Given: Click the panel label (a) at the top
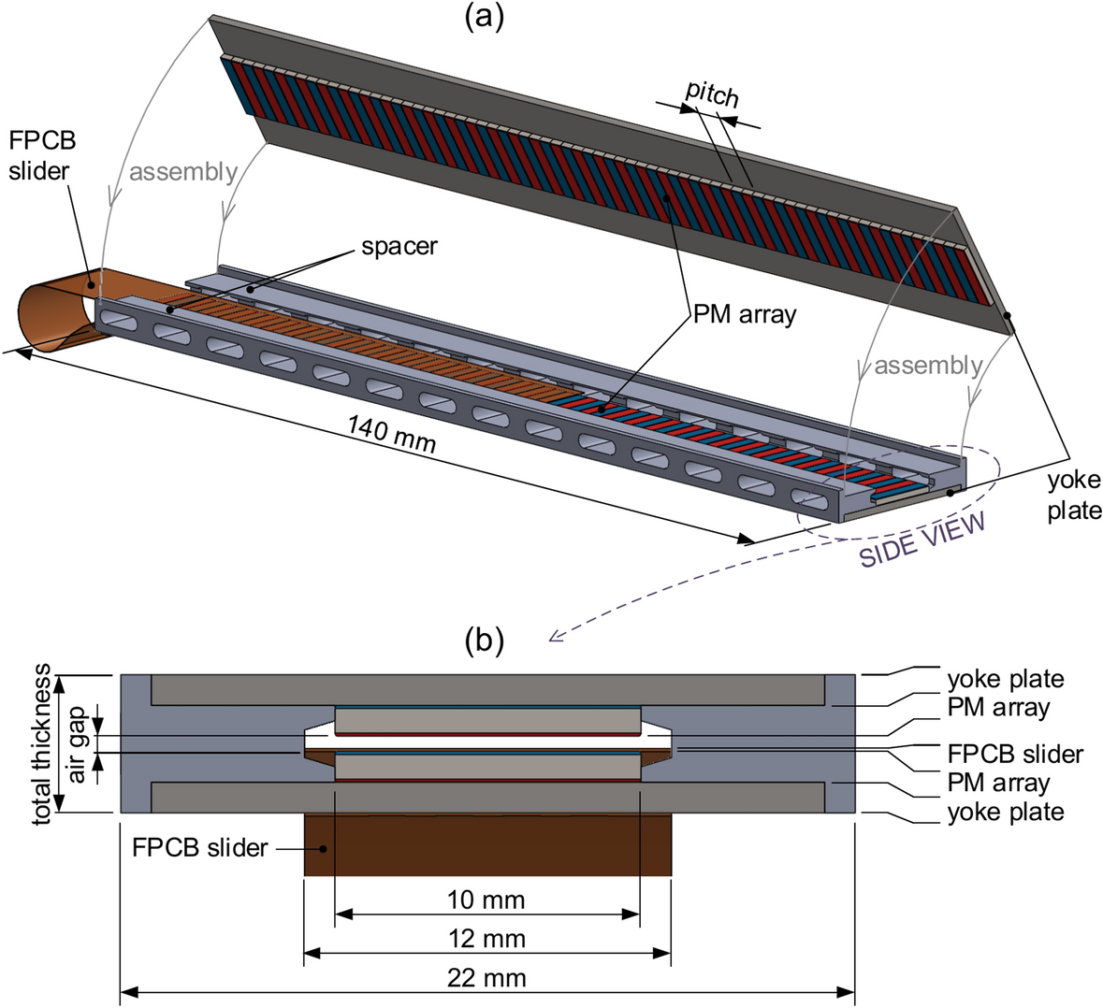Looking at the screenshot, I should click(484, 18).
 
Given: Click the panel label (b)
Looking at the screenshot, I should click(484, 640).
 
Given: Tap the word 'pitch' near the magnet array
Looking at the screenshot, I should click(713, 93).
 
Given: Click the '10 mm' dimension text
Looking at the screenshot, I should click(486, 900).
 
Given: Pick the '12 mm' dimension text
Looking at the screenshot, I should click(486, 938).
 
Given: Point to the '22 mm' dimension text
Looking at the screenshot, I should click(486, 978).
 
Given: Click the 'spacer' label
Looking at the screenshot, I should click(400, 247).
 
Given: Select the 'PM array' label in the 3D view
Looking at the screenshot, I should click(745, 313).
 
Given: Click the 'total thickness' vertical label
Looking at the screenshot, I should click(42, 743).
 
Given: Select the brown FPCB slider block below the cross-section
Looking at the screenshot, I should click(486, 845).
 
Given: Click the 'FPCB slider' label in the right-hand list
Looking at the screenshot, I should click(1015, 754).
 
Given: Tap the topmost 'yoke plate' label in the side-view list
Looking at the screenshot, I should click(1006, 679).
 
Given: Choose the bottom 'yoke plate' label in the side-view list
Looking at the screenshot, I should click(1006, 812).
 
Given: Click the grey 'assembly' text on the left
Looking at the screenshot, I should click(183, 171).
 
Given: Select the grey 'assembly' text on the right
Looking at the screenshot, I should click(928, 365).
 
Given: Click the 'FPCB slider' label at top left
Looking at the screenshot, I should click(41, 157).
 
